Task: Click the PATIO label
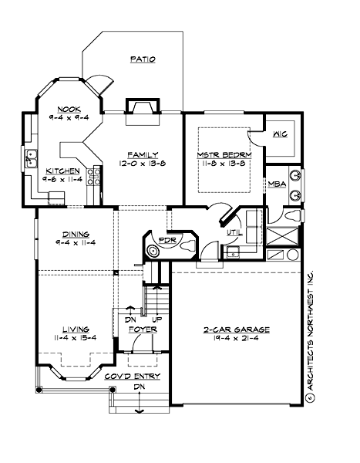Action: point(143,59)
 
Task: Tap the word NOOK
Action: point(60,109)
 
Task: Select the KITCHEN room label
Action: point(61,171)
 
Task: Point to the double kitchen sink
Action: point(32,159)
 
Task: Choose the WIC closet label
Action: point(280,134)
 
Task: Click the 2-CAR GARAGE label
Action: point(236,328)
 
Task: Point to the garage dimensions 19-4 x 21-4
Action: point(236,337)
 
